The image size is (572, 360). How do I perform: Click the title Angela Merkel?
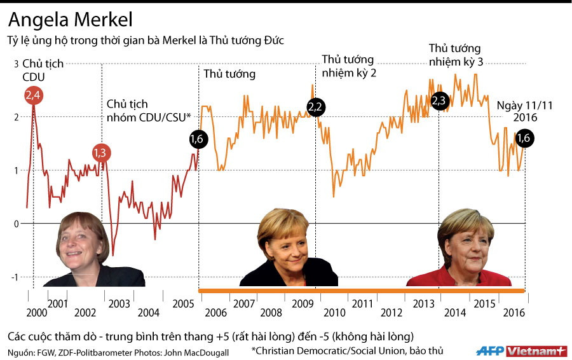71,20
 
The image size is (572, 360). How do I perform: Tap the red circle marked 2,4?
34,96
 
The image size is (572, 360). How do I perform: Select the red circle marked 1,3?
100,153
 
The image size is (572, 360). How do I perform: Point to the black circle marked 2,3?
439,100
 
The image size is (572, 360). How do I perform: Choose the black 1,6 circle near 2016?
524,138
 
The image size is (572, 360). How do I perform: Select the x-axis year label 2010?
334,313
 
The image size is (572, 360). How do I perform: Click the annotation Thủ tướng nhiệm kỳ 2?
349,66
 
